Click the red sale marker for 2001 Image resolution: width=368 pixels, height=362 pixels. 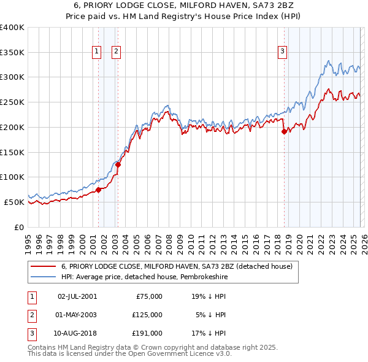coord(98,190)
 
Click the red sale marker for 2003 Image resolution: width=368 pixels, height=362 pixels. coord(118,164)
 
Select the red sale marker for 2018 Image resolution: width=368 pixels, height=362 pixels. coord(284,131)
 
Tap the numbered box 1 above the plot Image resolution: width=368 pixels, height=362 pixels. coord(97,52)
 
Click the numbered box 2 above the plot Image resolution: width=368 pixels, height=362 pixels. coord(116,52)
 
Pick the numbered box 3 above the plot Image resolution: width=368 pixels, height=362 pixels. coord(283,52)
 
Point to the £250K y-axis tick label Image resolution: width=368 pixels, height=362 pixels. coord(12,102)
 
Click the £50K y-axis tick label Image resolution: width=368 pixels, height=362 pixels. coord(14,202)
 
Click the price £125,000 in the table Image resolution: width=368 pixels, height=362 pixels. coord(147,314)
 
